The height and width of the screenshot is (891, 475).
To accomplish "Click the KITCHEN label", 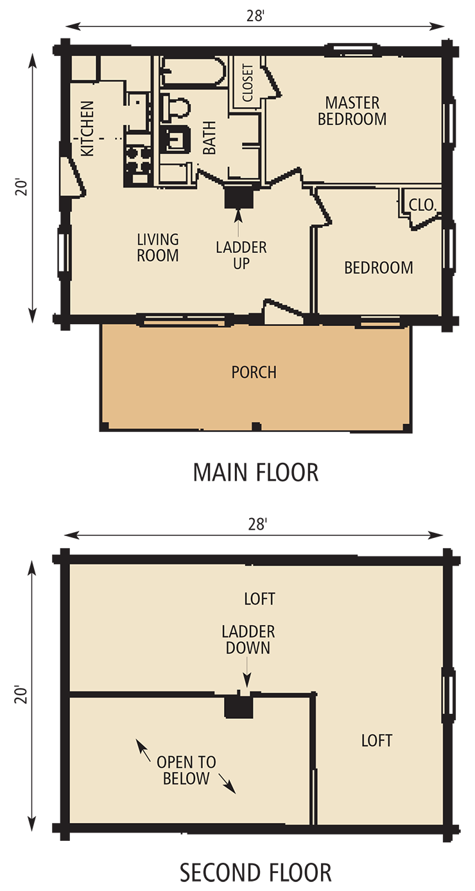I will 87,128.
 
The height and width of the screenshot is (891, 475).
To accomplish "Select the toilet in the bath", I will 175,108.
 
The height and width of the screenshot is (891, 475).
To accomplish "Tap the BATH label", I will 209,139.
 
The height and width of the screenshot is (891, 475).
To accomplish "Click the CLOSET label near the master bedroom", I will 248,82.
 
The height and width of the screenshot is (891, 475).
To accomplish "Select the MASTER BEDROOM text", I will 352,110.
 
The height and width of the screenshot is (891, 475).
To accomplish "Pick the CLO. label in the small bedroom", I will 422,205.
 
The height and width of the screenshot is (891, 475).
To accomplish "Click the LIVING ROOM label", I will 158,247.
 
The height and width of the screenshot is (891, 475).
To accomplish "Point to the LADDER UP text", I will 241,255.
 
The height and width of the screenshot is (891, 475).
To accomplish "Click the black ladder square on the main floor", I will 239,196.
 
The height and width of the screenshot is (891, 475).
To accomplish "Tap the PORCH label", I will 254,372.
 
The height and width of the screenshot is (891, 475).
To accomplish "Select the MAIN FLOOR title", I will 255,473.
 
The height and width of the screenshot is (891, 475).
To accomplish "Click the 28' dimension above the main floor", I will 255,16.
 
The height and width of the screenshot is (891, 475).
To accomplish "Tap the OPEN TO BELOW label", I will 186,770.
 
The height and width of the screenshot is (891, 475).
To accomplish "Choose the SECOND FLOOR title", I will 255,873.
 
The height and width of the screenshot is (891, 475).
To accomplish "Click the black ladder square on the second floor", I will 239,707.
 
